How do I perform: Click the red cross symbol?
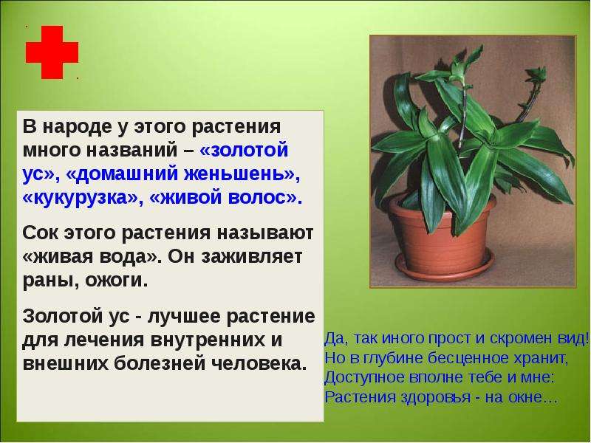point(52,52)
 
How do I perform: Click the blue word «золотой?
point(245,151)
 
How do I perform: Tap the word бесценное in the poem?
point(428,358)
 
